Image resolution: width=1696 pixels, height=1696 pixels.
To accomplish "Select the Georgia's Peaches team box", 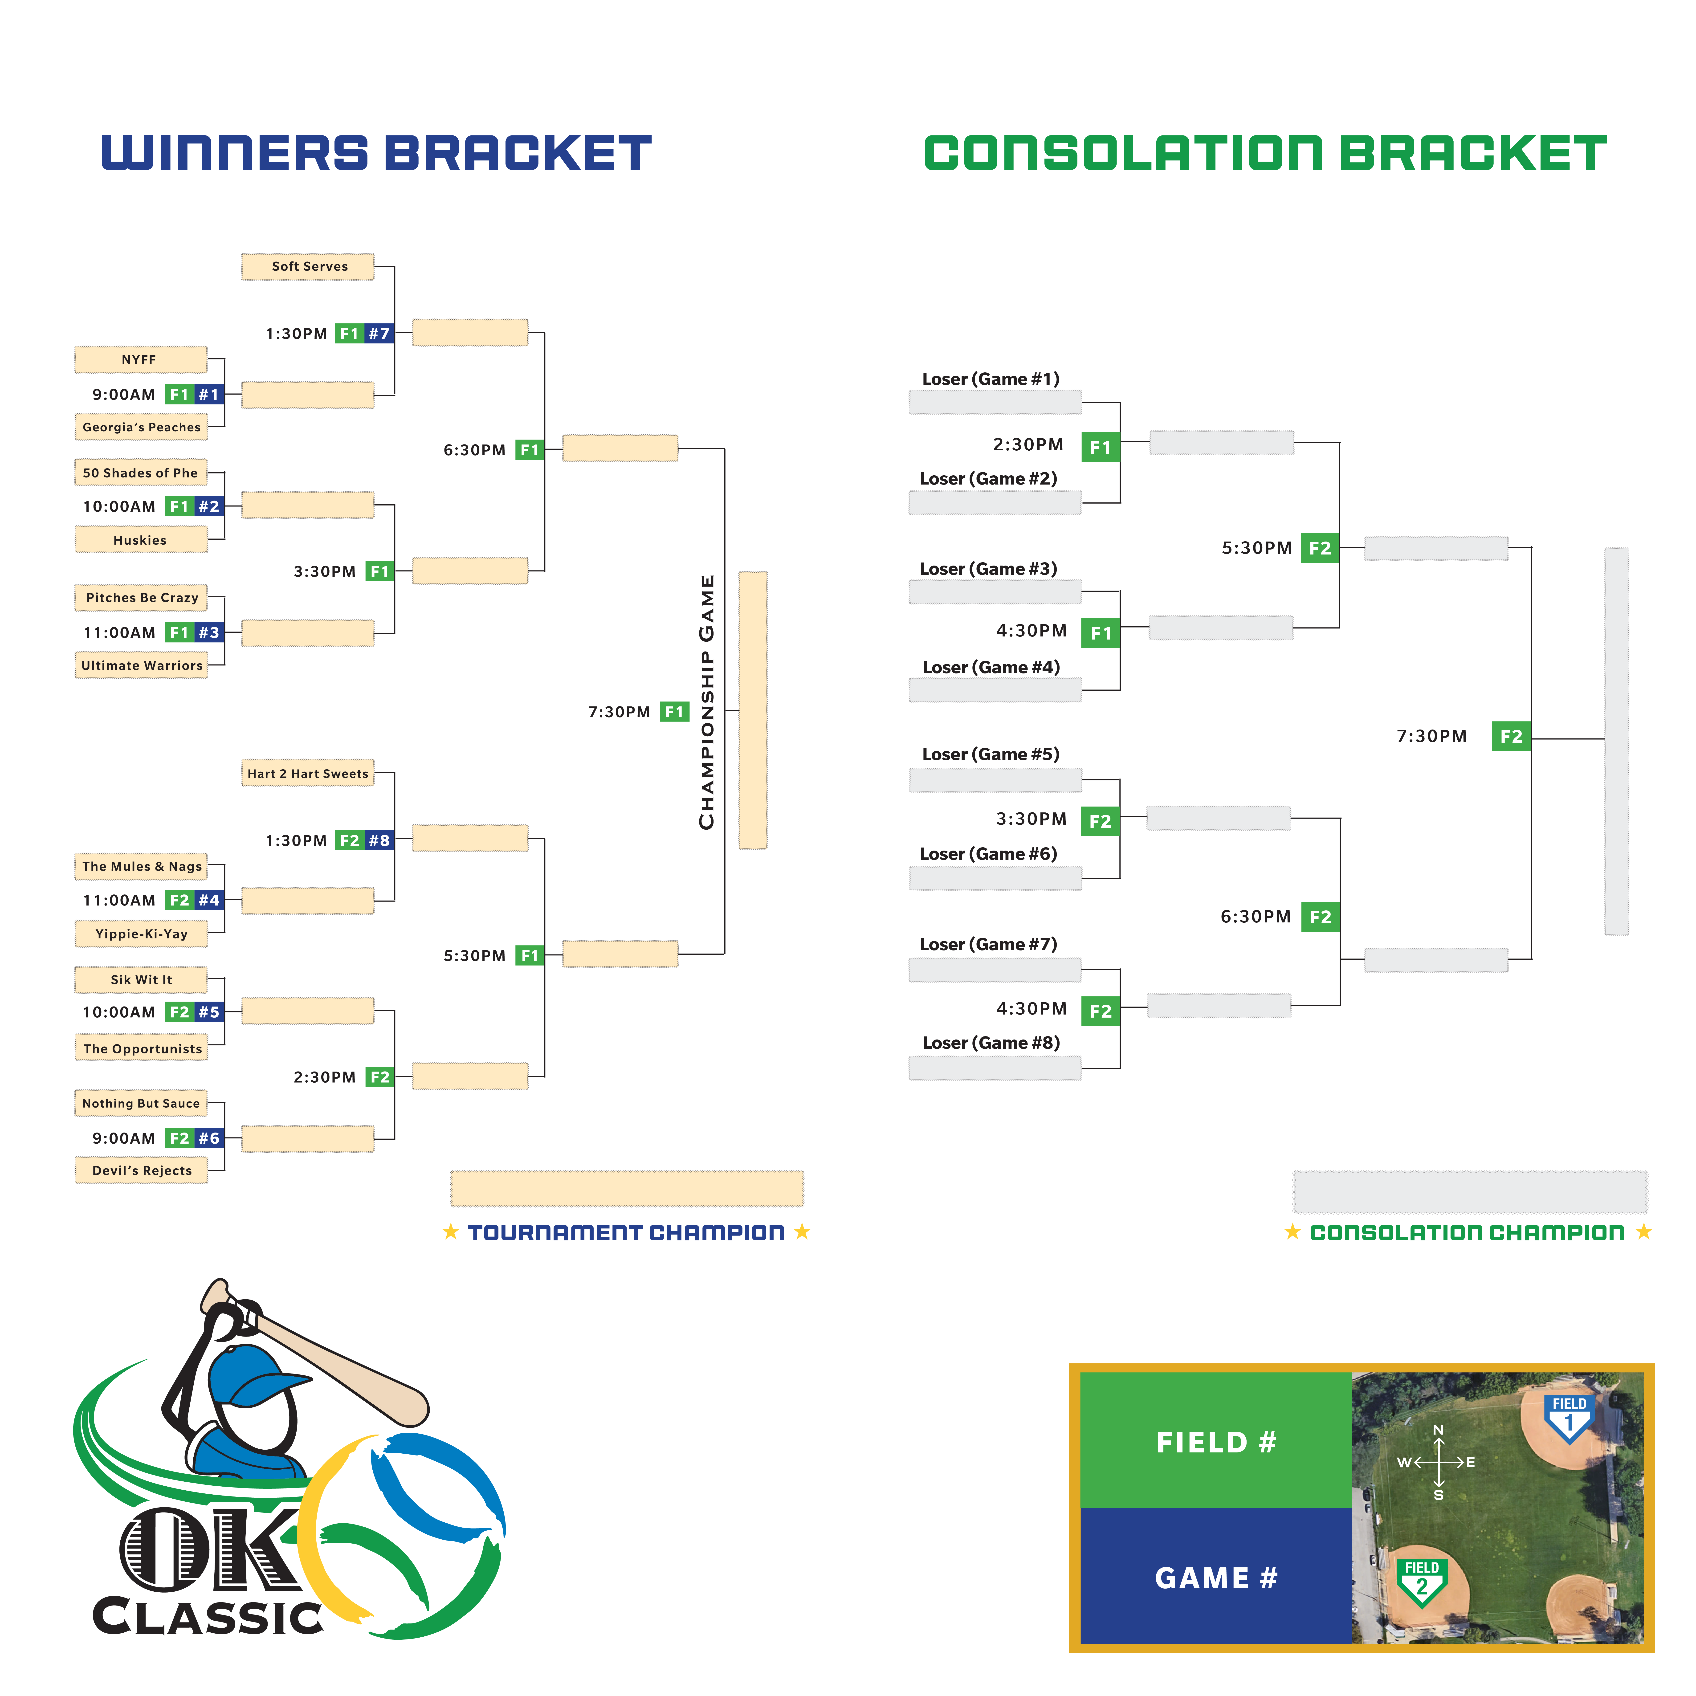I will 141,428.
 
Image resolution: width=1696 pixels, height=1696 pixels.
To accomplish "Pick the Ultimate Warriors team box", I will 141,665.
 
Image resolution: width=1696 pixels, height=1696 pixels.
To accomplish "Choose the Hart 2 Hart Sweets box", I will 308,773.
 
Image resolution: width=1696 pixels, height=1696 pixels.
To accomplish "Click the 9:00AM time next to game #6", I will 124,1139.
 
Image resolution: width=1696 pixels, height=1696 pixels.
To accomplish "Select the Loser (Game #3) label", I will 988,569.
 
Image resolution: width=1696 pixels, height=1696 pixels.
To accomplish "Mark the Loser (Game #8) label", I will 991,1043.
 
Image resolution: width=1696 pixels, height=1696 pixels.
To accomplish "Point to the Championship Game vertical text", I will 707,702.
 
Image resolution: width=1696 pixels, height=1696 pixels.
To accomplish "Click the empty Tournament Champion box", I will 627,1189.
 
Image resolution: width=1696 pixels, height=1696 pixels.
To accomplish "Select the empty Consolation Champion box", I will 1470,1192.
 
